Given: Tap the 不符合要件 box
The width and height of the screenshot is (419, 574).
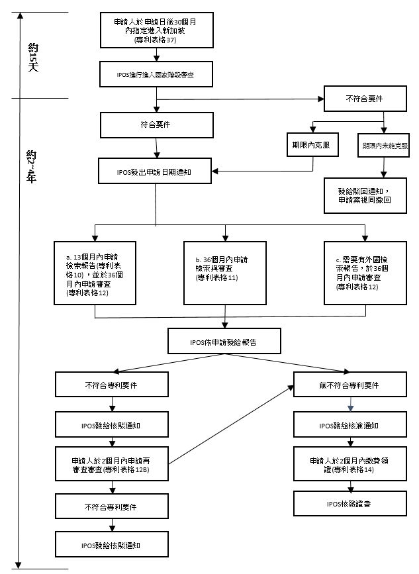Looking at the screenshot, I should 363,99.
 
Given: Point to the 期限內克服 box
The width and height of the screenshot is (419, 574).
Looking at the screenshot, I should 311,144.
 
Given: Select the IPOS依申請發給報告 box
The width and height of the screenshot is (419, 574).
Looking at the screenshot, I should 225,341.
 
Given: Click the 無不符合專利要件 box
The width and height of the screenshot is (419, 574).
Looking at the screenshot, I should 348,384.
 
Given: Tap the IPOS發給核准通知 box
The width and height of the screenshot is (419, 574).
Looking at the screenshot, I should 348,425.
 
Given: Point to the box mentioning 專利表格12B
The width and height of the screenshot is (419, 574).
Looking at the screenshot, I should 111,464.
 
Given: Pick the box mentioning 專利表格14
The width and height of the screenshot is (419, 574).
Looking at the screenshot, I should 348,463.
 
